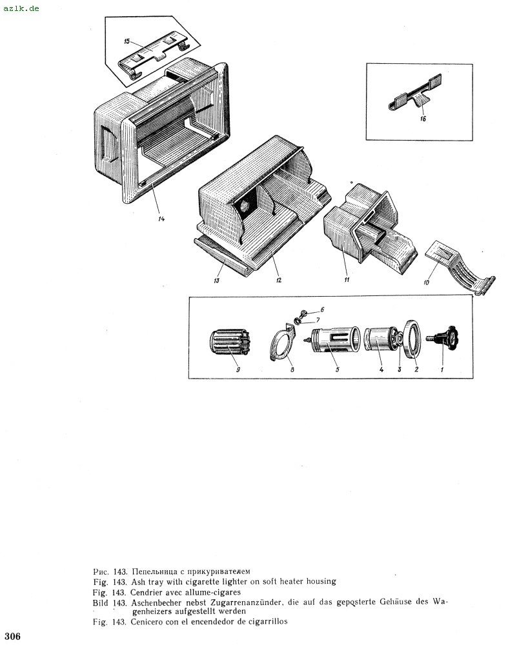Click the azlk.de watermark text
[x=21, y=8]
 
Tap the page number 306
[x=13, y=636]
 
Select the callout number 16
[x=423, y=119]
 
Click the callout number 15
[x=127, y=41]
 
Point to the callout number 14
[x=161, y=219]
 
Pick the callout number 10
[x=426, y=283]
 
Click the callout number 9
[x=238, y=370]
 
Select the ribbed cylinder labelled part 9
[x=229, y=342]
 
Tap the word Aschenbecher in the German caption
[x=156, y=603]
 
